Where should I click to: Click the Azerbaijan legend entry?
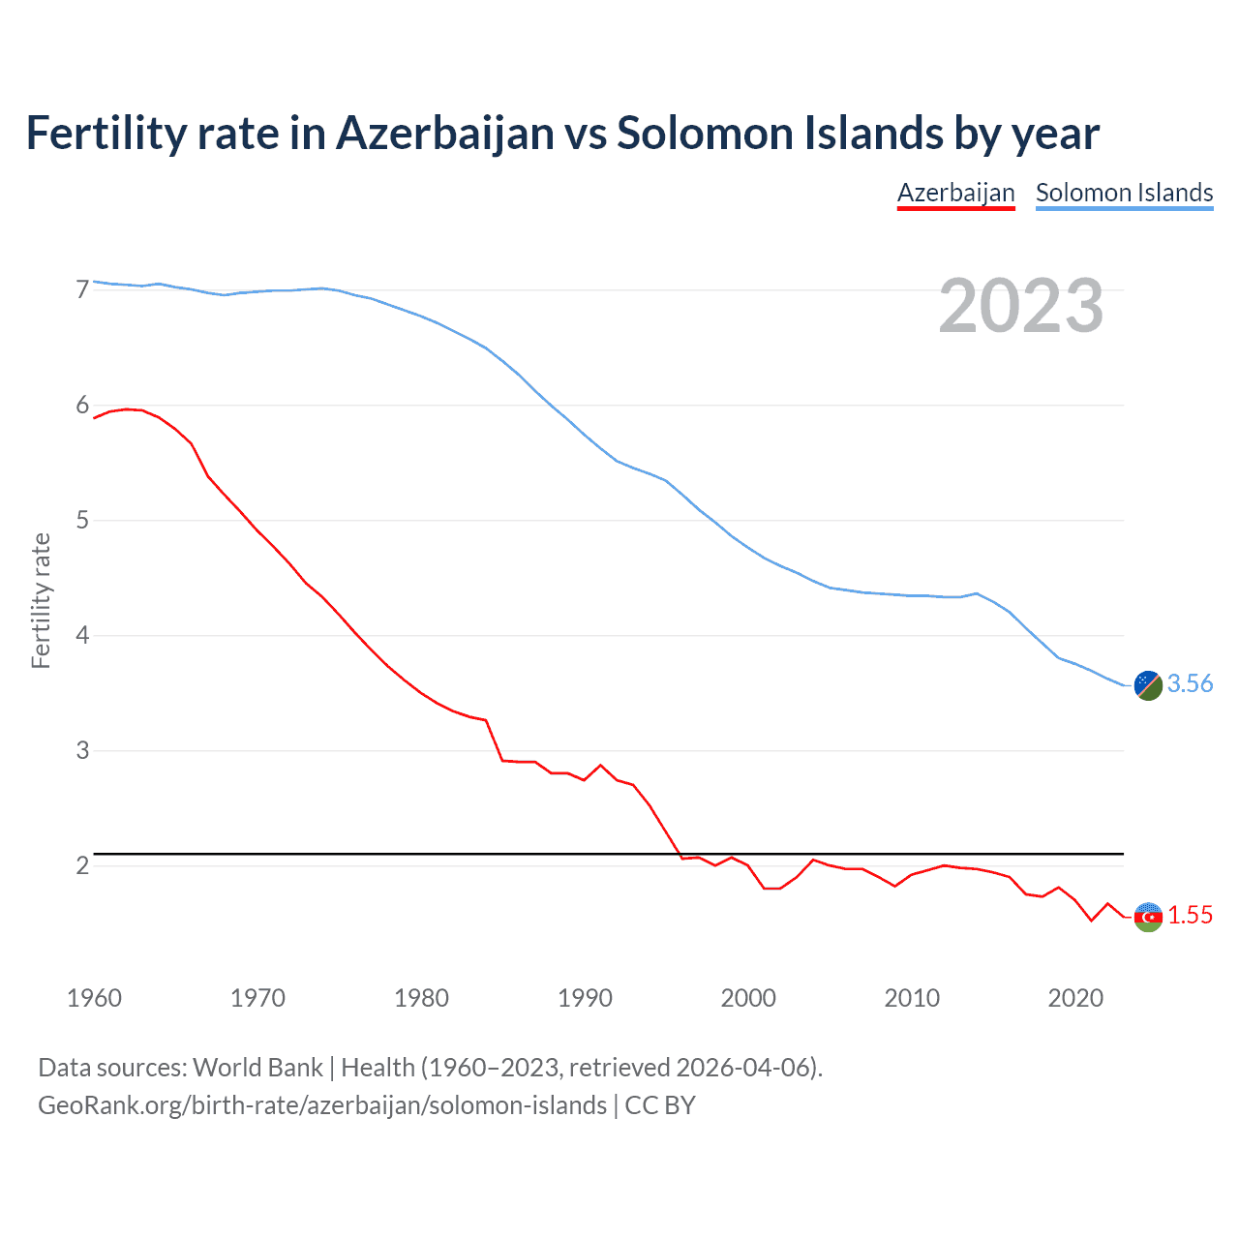(955, 193)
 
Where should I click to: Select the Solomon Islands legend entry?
(1124, 193)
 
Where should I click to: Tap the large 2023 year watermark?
(1020, 306)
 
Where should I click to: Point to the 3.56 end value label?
(1190, 683)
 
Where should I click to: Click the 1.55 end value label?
(1190, 915)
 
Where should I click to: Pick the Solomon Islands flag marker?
(1148, 684)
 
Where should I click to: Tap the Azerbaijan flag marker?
(1148, 916)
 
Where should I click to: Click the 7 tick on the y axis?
(82, 289)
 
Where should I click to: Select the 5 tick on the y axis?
(82, 521)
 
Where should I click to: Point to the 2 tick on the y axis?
(82, 865)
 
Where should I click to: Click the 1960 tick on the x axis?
(94, 998)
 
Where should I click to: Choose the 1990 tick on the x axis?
(585, 998)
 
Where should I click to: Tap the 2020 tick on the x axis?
(1075, 998)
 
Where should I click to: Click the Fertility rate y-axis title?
(41, 600)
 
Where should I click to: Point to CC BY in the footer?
(660, 1105)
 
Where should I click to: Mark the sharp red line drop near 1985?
(494, 740)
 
